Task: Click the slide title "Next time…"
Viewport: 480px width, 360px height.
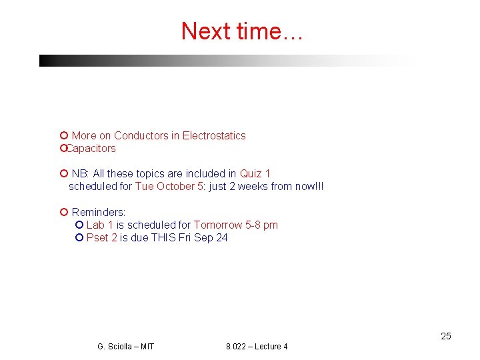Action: (x=241, y=31)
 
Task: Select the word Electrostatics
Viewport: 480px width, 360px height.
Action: (x=214, y=135)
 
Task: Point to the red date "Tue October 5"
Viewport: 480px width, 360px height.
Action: (x=169, y=186)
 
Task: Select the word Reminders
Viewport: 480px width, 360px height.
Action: (x=98, y=212)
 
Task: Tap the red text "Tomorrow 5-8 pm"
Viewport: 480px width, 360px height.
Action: (x=236, y=225)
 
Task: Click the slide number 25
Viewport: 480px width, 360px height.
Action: (x=446, y=336)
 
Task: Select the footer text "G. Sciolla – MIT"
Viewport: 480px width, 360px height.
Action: (x=125, y=347)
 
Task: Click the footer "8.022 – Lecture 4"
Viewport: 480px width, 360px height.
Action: (x=257, y=347)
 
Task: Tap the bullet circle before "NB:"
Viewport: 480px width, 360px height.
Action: (x=63, y=173)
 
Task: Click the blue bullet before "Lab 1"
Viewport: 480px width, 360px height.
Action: (x=79, y=225)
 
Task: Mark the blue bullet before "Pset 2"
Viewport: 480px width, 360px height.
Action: (x=79, y=237)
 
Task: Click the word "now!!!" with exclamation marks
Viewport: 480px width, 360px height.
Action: (x=309, y=186)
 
